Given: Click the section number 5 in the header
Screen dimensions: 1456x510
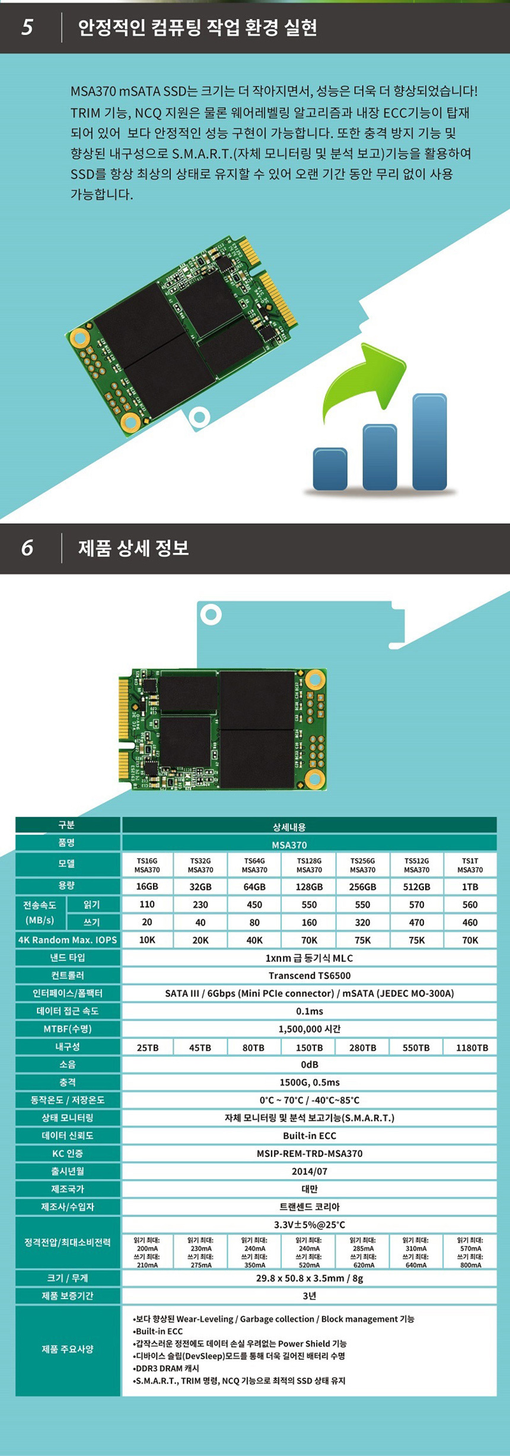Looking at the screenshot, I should tap(27, 27).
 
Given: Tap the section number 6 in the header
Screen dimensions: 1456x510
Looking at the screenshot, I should tap(27, 548).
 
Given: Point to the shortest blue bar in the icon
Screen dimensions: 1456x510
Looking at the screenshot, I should tap(330, 468).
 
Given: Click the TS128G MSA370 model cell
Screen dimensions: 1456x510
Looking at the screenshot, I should tap(309, 865).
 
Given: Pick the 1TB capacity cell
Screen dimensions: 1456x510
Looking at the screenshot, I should tap(470, 886).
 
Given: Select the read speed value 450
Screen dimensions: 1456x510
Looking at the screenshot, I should tap(254, 904).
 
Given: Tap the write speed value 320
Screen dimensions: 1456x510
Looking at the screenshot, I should tap(362, 922).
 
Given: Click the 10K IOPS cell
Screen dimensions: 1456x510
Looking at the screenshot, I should tap(147, 940).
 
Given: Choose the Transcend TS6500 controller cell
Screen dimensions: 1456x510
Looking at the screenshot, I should tap(309, 975).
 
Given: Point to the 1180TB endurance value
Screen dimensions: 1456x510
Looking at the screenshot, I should tap(471, 1048).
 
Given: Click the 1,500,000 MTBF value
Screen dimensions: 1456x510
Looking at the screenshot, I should tap(309, 1029).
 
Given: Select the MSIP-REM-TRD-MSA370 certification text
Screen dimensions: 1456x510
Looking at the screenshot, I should tap(309, 1153).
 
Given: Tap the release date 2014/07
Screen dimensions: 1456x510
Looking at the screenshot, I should tap(309, 1171).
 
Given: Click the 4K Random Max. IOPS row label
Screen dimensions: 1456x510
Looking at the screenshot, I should tap(68, 940).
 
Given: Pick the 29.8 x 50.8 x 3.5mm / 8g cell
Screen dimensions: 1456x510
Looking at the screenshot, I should tap(309, 1278).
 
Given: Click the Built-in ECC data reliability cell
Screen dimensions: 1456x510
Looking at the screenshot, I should tap(309, 1136).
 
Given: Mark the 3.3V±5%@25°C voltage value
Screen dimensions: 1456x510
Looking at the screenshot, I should tap(309, 1225).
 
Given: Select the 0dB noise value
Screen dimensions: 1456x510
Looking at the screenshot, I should tap(309, 1064).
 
